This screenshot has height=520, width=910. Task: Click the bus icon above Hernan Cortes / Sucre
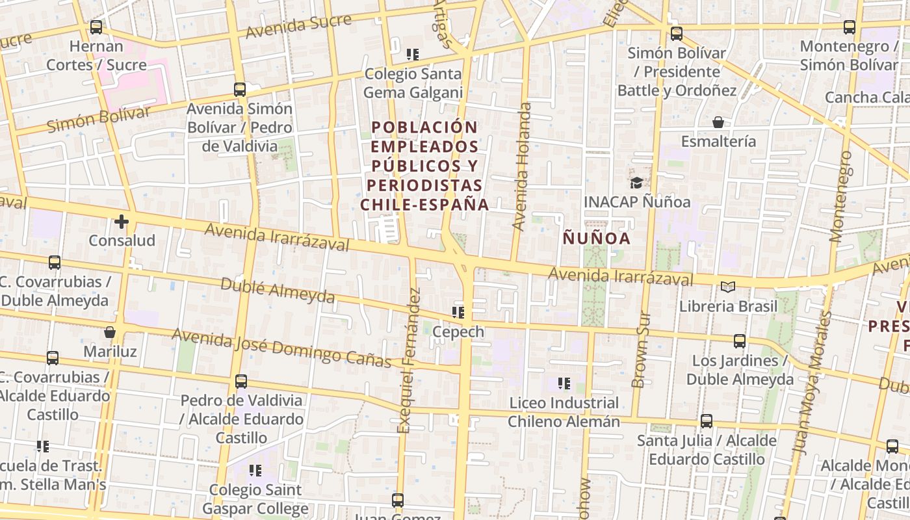click(x=96, y=27)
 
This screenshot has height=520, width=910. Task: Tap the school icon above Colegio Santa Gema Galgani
click(x=412, y=55)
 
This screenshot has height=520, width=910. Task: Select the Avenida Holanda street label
click(x=521, y=166)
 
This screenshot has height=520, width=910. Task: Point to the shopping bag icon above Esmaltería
click(x=718, y=122)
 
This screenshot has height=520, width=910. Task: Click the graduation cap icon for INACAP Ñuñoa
click(x=636, y=183)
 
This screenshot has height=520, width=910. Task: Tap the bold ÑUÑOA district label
click(x=596, y=239)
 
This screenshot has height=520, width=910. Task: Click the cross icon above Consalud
click(x=122, y=222)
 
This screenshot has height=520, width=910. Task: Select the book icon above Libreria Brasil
click(x=728, y=287)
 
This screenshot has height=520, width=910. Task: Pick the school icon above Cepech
click(x=458, y=313)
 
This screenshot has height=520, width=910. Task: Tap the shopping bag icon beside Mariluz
click(x=110, y=333)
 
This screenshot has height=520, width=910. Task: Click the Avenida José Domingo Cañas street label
click(x=281, y=348)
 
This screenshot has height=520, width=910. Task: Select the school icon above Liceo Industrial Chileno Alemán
click(x=564, y=383)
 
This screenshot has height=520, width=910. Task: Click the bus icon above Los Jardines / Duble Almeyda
click(x=740, y=341)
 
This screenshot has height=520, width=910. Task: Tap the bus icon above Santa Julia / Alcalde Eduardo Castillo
click(x=707, y=421)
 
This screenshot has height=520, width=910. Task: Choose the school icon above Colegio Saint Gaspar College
click(x=255, y=470)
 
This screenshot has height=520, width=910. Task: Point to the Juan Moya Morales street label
click(x=813, y=383)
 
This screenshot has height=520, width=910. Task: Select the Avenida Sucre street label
click(x=298, y=26)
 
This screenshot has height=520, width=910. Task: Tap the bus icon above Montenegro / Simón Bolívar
click(x=850, y=27)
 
